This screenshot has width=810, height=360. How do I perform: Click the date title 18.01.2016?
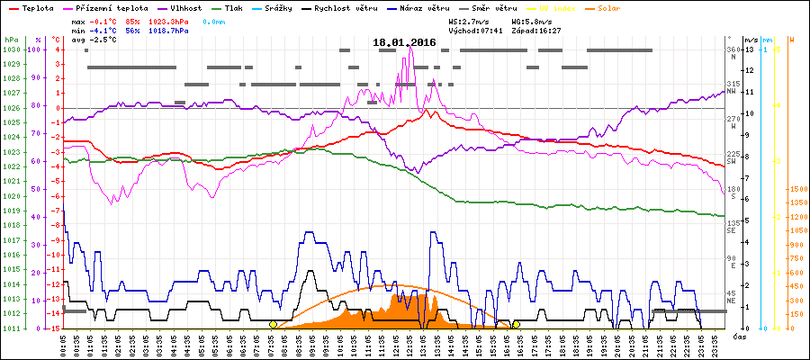(x=404, y=42)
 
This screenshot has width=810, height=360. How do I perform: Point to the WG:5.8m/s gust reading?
(x=529, y=19)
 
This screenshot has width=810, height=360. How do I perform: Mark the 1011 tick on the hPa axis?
(x=11, y=328)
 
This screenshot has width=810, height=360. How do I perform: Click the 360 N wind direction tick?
(x=733, y=52)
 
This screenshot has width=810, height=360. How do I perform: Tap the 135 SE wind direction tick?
(x=733, y=224)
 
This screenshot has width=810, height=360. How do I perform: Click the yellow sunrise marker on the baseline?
(x=273, y=324)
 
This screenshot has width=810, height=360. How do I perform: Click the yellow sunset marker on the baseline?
(x=516, y=324)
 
